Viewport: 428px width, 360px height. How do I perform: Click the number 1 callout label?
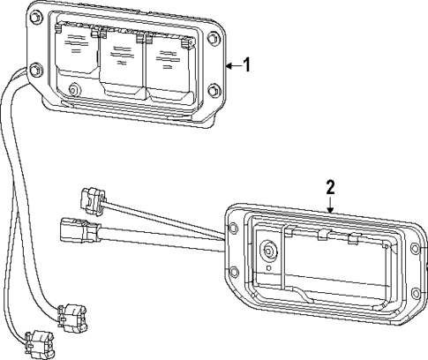coord(247,65)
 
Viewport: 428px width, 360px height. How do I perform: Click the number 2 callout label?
coord(330,187)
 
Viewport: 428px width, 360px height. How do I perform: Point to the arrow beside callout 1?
coord(232,65)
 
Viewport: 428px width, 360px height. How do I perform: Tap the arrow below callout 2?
coord(330,205)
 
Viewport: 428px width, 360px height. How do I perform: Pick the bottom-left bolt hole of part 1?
coord(34,70)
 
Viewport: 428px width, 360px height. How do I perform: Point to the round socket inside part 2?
coord(269,251)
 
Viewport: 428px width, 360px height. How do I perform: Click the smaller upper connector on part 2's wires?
coord(93,199)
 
